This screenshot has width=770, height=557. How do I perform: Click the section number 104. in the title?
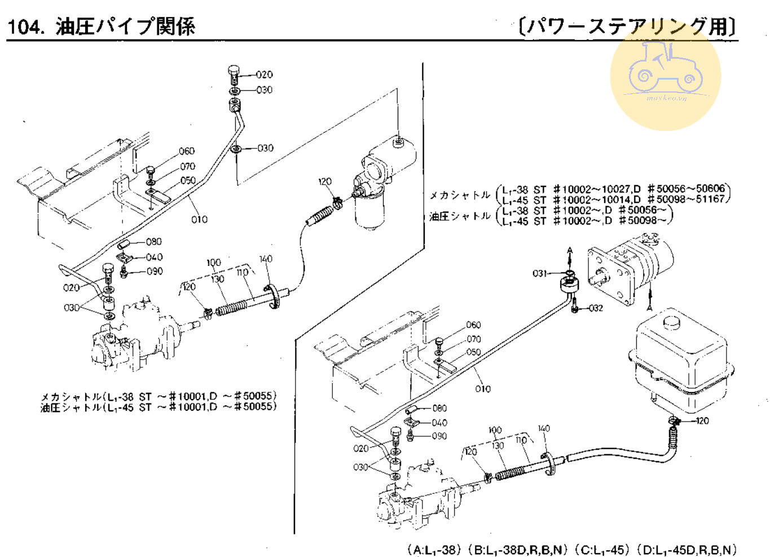click(x=25, y=27)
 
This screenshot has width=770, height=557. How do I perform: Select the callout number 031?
click(x=540, y=274)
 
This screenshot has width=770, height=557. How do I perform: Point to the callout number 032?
click(x=596, y=308)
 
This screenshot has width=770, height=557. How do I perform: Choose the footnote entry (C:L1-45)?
click(x=601, y=550)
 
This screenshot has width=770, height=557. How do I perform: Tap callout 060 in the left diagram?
click(x=187, y=151)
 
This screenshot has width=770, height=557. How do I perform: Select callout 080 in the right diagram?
click(x=439, y=408)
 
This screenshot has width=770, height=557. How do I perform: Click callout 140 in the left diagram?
click(x=266, y=259)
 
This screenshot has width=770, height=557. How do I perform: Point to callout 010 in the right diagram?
click(x=483, y=389)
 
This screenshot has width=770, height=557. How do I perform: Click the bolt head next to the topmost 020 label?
click(x=234, y=71)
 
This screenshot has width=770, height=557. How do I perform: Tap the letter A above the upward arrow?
click(x=570, y=250)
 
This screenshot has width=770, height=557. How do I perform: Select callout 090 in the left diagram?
click(x=155, y=271)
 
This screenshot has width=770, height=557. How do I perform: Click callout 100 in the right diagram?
click(x=495, y=430)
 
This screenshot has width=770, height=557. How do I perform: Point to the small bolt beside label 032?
click(x=574, y=308)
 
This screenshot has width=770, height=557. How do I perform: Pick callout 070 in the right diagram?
click(x=474, y=339)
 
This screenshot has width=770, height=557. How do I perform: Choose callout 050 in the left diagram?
click(x=188, y=181)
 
